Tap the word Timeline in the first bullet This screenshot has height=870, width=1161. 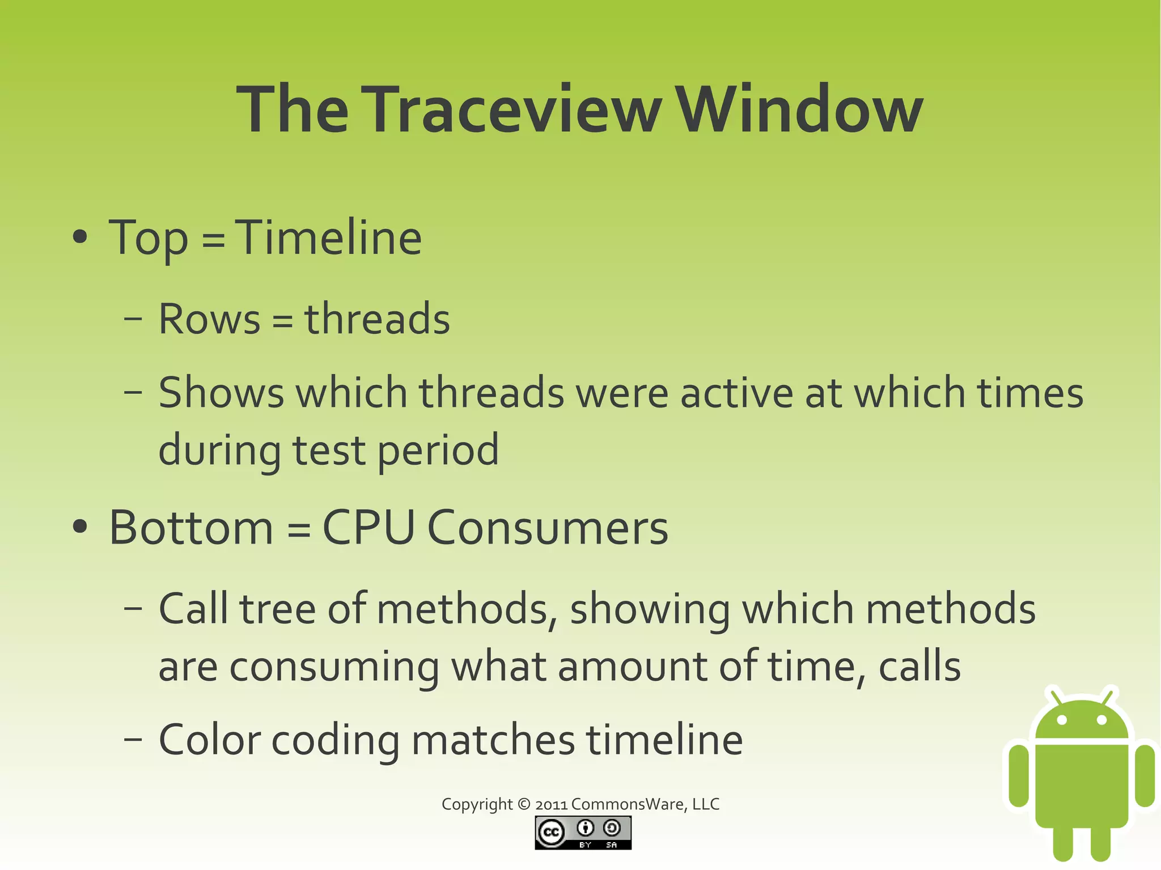(328, 238)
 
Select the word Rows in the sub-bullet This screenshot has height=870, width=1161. (209, 319)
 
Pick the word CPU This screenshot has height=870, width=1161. (368, 528)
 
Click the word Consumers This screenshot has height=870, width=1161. (547, 528)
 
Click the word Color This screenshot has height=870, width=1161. (209, 740)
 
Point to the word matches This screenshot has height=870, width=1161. (493, 740)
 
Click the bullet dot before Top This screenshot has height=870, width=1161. (80, 238)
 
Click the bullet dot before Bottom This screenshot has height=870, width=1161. (80, 527)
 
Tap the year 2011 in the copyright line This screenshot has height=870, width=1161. (551, 805)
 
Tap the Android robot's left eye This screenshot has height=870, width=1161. (1062, 720)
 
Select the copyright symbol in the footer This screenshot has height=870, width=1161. (524, 804)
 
